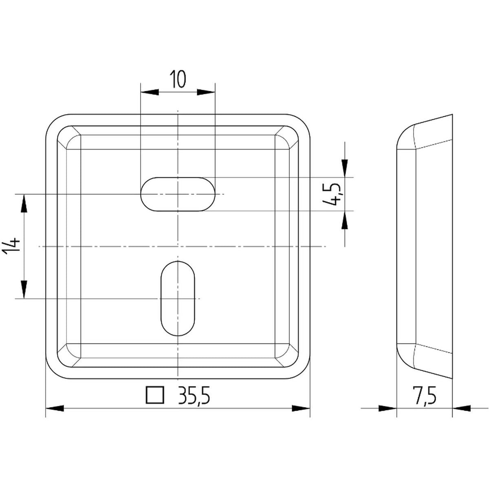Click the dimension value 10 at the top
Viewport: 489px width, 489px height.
[178, 79]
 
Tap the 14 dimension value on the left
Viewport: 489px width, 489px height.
[11, 244]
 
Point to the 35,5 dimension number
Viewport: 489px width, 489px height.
[194, 395]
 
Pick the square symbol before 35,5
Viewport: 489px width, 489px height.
[155, 395]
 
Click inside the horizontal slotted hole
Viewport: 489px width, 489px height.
[178, 194]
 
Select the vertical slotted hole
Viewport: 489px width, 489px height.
[178, 298]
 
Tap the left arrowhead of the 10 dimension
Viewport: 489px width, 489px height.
[150, 92]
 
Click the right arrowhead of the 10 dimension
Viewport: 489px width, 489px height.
[206, 92]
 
